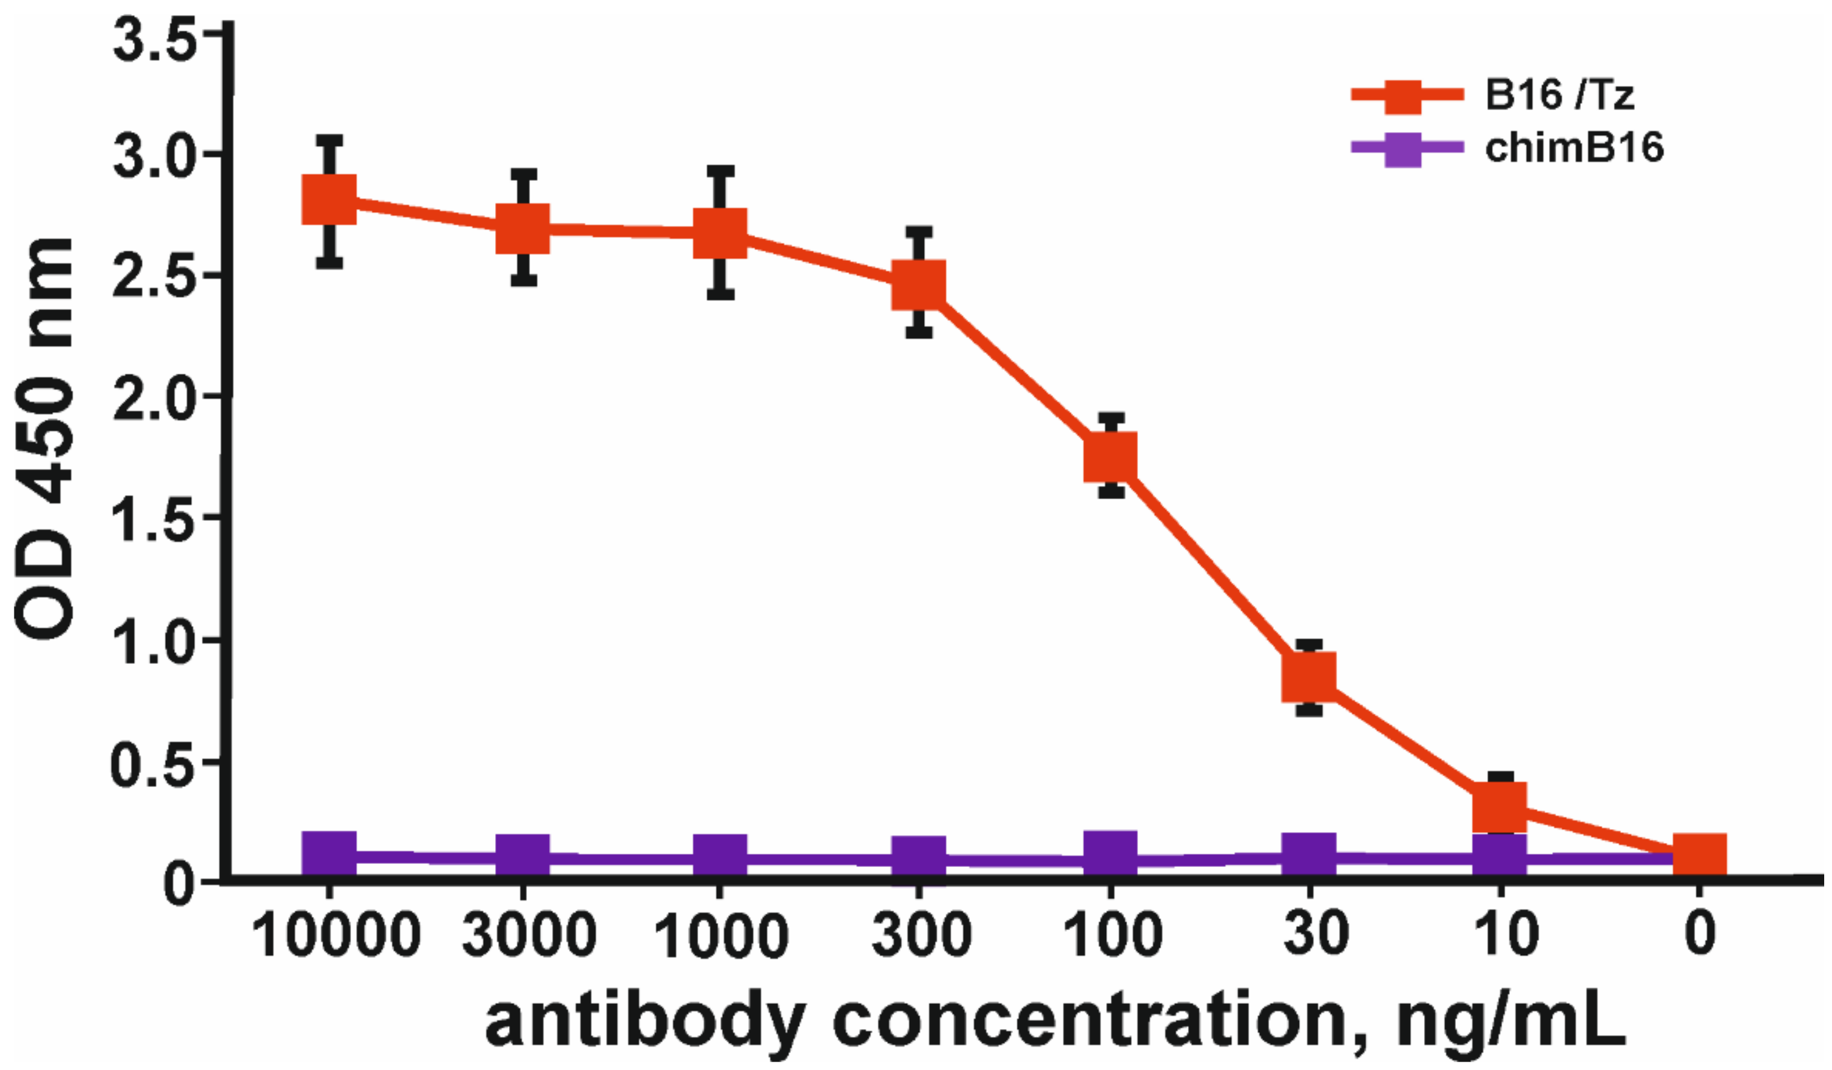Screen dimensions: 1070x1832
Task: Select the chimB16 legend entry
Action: [x=1573, y=149]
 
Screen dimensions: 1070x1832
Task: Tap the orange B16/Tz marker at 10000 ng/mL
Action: [x=329, y=199]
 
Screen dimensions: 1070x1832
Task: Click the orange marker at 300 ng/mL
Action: [x=919, y=284]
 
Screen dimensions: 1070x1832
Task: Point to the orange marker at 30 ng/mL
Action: [x=1309, y=676]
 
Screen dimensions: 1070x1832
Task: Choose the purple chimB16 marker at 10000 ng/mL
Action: [x=329, y=854]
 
